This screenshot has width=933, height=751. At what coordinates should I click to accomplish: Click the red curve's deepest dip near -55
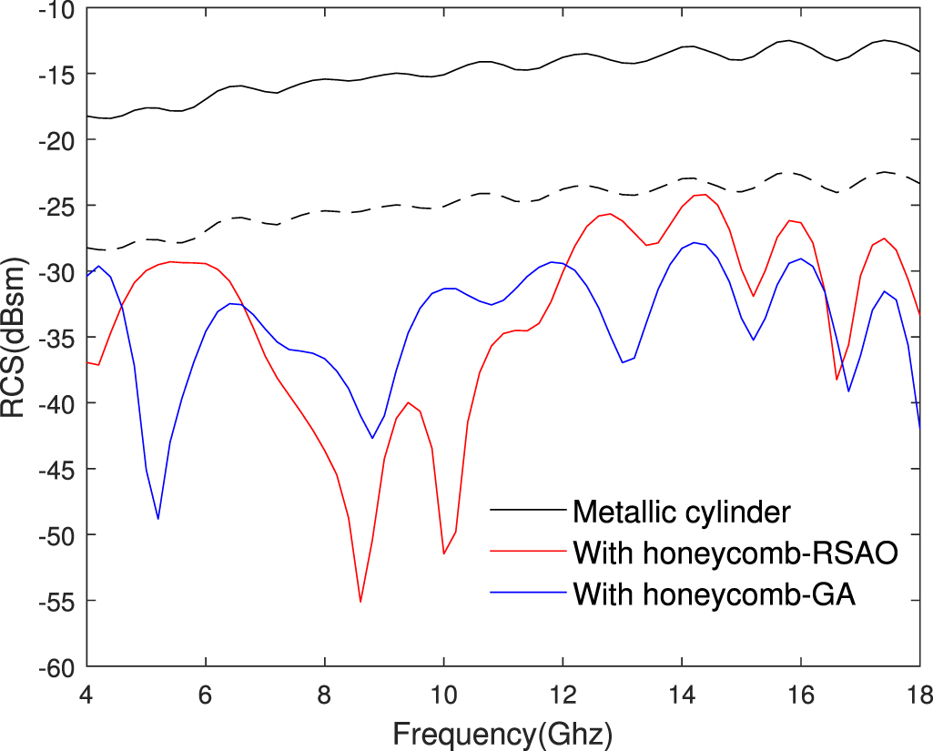click(360, 602)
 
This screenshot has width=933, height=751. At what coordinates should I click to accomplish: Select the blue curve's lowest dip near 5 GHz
click(158, 519)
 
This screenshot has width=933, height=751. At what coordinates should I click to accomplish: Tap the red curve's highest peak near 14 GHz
click(705, 194)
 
